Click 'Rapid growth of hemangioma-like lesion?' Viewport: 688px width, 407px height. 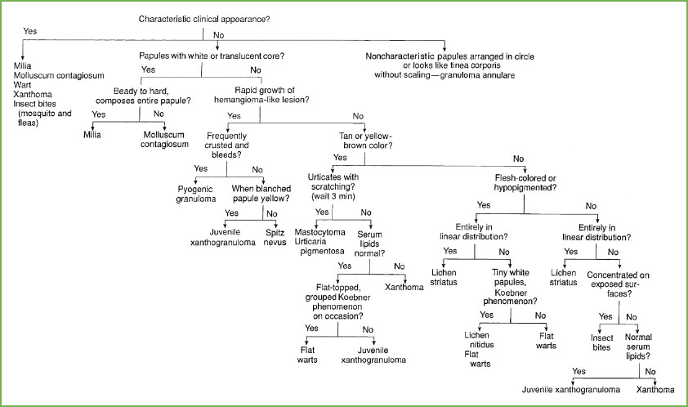[x=259, y=95]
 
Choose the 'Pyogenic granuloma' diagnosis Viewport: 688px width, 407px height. [x=196, y=191]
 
